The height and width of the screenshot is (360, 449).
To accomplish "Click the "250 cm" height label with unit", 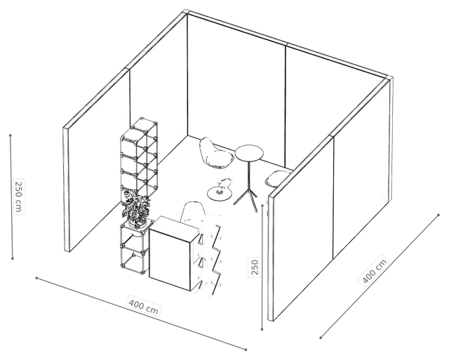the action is (x=18, y=196).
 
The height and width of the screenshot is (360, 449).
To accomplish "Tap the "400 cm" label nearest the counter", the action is (x=144, y=306).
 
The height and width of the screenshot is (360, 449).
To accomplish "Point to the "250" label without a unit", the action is (x=254, y=267).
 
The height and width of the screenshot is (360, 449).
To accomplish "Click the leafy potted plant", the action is (x=136, y=208).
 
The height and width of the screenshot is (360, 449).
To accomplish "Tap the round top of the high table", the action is (x=249, y=152).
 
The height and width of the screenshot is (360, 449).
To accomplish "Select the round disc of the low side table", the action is (x=220, y=193).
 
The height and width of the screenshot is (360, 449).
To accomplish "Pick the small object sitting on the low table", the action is (x=224, y=185).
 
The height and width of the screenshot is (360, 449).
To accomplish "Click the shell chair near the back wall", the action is (x=215, y=154).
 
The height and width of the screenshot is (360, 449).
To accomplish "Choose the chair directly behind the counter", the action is (x=192, y=213).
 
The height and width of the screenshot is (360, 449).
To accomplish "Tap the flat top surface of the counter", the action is (x=175, y=225).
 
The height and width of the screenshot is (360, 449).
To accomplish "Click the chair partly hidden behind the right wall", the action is (x=277, y=179).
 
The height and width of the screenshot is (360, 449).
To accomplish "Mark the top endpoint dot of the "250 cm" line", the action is (x=11, y=135).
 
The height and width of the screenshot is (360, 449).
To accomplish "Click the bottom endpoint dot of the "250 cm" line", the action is (x=13, y=258).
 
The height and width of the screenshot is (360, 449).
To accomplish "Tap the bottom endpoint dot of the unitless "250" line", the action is (x=262, y=329).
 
